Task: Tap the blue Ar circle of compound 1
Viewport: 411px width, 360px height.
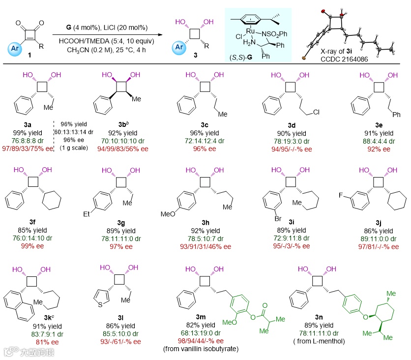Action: (15, 49)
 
